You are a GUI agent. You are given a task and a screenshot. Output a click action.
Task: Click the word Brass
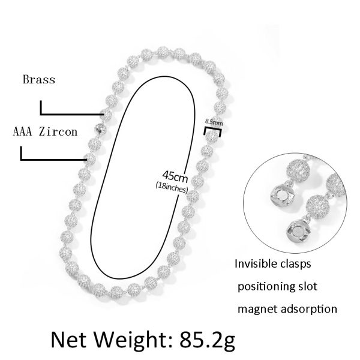pos(39,79)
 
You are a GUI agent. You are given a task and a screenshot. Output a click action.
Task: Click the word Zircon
pos(58,132)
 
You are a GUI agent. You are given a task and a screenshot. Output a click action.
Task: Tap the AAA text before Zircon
pos(22,132)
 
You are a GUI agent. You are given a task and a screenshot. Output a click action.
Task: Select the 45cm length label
pos(175,176)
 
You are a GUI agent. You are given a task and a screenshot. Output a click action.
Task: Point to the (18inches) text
pos(172,188)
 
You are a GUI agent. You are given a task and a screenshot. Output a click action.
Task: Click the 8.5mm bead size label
pos(214,122)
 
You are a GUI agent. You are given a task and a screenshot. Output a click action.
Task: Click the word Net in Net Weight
pos(68,340)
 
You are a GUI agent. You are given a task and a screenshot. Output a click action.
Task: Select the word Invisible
pos(253,263)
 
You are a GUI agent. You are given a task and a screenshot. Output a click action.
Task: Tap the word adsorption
pos(309,309)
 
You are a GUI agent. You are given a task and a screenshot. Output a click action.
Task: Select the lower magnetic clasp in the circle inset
pos(298,231)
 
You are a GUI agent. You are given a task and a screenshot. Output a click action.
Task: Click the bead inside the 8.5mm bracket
pos(212,136)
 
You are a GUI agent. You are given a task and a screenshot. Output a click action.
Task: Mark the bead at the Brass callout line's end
pos(106,115)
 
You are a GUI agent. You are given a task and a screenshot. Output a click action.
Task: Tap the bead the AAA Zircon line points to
pos(90,158)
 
